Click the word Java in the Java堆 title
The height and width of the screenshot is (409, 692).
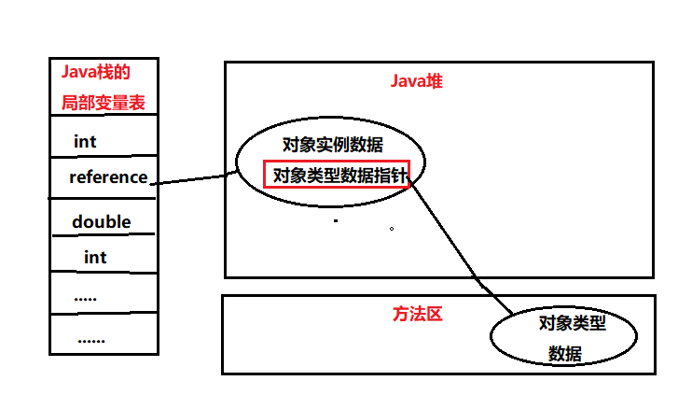click(x=408, y=81)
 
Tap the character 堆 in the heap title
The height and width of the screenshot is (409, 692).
click(x=435, y=81)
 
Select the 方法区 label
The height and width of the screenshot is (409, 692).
click(x=417, y=315)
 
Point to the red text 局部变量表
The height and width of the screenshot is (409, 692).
click(x=104, y=101)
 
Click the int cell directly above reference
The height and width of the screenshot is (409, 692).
click(x=85, y=142)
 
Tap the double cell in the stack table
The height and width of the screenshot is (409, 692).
click(x=101, y=222)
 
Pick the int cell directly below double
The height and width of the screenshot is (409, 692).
click(x=95, y=257)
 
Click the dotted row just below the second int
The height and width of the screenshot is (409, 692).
click(x=86, y=296)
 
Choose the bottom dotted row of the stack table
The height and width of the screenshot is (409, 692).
click(x=90, y=339)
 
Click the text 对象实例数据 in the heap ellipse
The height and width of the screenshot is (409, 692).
click(x=333, y=144)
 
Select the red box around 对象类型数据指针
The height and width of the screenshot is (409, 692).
click(x=337, y=175)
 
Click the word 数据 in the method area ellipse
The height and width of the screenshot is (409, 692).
click(x=565, y=354)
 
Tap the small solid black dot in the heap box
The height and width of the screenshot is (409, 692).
click(x=335, y=221)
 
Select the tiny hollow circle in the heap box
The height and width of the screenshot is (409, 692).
click(x=392, y=228)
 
